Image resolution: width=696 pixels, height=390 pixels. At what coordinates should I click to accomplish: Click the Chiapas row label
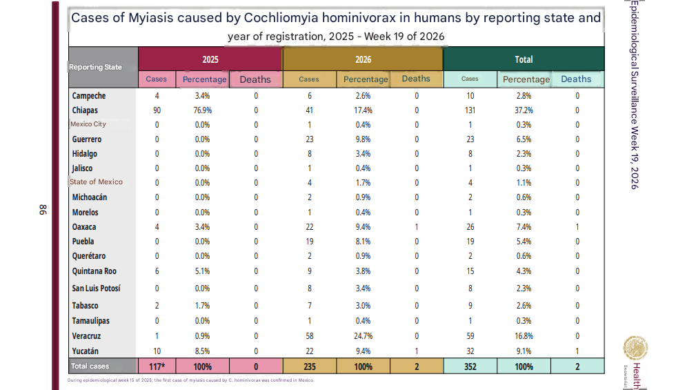click(x=85, y=110)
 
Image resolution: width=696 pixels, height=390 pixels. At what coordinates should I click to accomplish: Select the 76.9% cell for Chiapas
click(x=202, y=110)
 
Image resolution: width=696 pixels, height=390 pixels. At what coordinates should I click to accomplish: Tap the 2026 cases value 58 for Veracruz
click(x=310, y=335)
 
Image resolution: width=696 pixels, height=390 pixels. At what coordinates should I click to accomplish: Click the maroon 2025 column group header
click(x=210, y=59)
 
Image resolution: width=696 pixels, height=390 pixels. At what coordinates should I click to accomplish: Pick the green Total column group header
click(x=524, y=59)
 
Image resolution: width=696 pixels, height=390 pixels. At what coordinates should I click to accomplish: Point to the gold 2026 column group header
click(x=363, y=59)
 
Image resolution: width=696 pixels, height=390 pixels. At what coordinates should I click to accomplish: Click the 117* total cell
click(x=157, y=367)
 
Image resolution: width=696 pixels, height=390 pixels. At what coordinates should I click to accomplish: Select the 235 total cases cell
click(x=310, y=367)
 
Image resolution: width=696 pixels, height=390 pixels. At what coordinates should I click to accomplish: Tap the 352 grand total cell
click(x=470, y=367)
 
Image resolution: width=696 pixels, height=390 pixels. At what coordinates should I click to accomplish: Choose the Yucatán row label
click(x=86, y=351)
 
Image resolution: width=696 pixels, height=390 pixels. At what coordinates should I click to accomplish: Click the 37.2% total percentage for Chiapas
click(x=524, y=110)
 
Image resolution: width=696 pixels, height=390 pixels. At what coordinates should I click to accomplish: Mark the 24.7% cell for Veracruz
click(x=363, y=335)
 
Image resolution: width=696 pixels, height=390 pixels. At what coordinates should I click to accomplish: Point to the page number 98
click(x=43, y=210)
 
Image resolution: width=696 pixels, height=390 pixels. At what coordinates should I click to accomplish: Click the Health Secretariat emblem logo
click(x=635, y=349)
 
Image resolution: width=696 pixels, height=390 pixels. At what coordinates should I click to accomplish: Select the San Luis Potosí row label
click(x=96, y=289)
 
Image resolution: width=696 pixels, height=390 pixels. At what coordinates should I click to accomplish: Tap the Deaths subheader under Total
click(x=576, y=79)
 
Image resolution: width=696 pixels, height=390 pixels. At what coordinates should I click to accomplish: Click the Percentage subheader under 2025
click(x=205, y=79)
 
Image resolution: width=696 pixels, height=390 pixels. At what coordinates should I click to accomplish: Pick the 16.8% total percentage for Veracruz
click(x=524, y=335)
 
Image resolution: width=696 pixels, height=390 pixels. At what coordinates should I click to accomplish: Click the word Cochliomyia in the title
click(x=281, y=18)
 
